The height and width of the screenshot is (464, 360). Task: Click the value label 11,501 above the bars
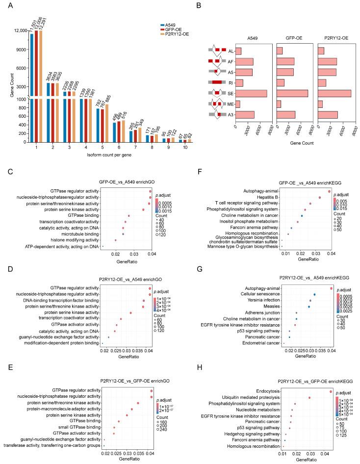(x=32, y=23)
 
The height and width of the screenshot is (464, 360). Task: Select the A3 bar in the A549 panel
(x=245, y=114)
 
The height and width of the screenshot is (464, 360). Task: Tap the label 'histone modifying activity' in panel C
(x=72, y=240)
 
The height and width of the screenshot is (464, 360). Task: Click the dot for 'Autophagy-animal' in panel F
(x=329, y=190)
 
